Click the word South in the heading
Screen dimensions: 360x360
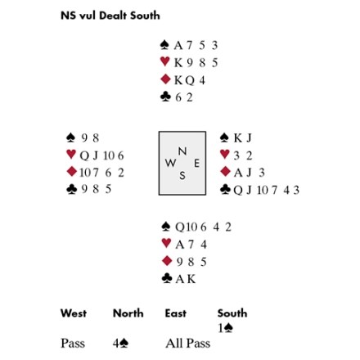coord(145,16)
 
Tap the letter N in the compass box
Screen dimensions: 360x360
coord(182,151)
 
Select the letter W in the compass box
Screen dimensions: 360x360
coord(170,163)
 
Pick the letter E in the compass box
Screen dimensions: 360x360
coord(196,164)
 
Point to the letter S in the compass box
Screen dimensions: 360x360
coord(182,175)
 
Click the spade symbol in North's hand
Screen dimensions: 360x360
coord(164,45)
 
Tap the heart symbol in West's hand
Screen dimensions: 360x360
coord(71,155)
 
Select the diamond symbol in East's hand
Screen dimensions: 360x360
coord(225,172)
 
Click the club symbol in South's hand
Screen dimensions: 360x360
coord(167,278)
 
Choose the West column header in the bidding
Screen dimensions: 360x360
coord(74,313)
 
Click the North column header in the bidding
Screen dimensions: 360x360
coord(128,313)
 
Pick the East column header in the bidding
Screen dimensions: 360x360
coord(176,313)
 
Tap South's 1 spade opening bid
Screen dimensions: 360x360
coord(225,328)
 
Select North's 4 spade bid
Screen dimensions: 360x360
coord(120,344)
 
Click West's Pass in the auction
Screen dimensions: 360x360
coord(73,344)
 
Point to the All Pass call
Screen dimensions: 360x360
coord(188,344)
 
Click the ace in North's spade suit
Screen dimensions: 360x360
coord(178,45)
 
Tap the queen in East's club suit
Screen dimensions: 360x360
coord(238,190)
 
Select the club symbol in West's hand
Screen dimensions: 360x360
coord(71,189)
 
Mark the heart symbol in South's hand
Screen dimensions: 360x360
coord(166,243)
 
